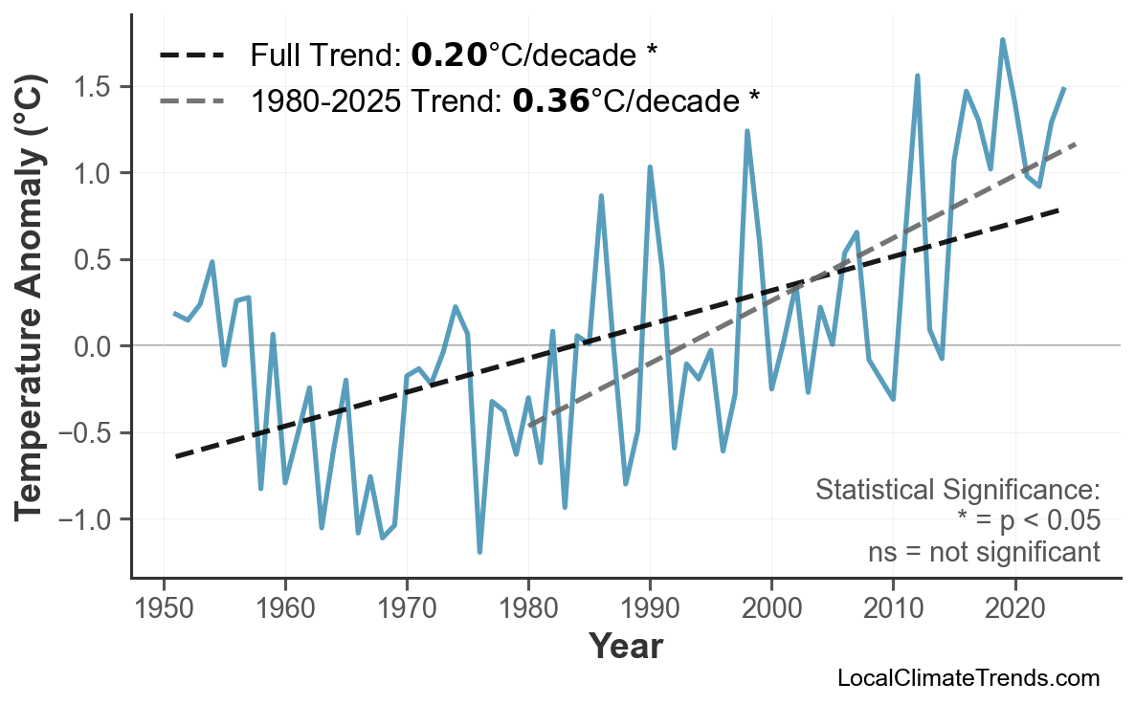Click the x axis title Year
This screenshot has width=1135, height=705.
(624, 647)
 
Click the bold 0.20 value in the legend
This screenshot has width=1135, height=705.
(449, 55)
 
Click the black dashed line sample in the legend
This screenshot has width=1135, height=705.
(191, 55)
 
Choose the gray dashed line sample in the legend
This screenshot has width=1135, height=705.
(191, 99)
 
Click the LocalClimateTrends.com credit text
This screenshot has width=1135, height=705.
(968, 678)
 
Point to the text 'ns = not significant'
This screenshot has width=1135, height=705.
(984, 552)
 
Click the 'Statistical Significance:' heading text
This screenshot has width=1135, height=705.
(957, 491)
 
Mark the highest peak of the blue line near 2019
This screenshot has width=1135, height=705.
(1002, 40)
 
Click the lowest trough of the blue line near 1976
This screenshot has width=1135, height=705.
(479, 551)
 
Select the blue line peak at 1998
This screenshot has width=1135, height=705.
(747, 131)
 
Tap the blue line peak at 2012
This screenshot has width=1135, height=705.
(917, 76)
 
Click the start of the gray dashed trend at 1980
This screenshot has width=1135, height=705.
(529, 426)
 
